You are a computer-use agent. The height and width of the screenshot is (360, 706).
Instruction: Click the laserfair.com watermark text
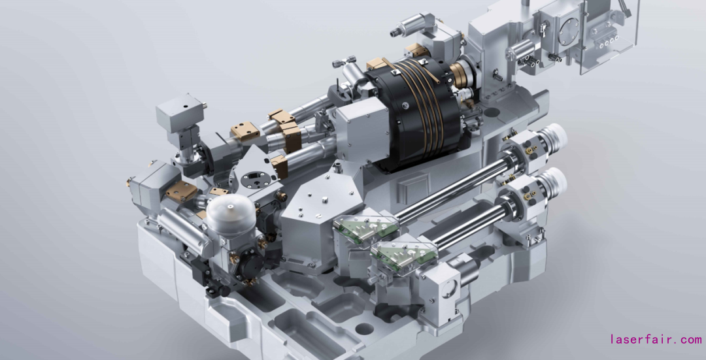pyautogui.click(x=656, y=339)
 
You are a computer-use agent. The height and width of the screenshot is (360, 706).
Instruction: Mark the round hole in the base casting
pyautogui.click(x=364, y=329)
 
